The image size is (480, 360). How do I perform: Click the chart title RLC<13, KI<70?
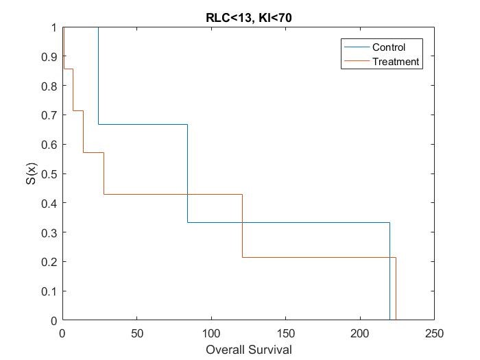coord(248,17)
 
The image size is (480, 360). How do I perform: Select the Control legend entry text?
coord(389,47)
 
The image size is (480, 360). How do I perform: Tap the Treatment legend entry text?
coord(395,61)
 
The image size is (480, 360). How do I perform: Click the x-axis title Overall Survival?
coord(248,350)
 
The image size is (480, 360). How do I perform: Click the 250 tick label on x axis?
coord(434,333)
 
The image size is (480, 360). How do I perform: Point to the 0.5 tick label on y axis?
coord(49,174)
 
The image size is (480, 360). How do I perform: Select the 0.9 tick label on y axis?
coord(49,57)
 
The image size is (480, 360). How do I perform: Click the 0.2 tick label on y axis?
coord(49,262)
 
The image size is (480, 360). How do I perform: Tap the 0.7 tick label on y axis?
coord(49,115)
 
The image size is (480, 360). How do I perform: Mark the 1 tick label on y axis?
coord(53,27)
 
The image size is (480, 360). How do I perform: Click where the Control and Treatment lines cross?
coord(187,194)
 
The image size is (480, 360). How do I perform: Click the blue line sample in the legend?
coord(355,47)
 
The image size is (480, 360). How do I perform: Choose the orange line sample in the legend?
coord(355,61)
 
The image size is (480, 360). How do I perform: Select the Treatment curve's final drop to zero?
coord(396,289)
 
